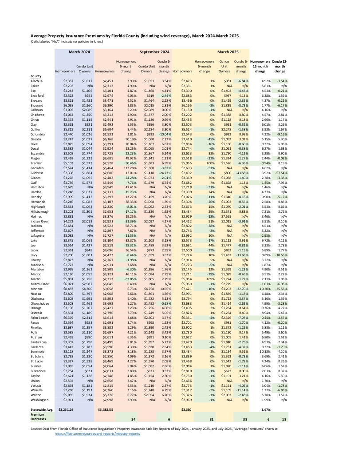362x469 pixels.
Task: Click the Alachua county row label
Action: point(36,81)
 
